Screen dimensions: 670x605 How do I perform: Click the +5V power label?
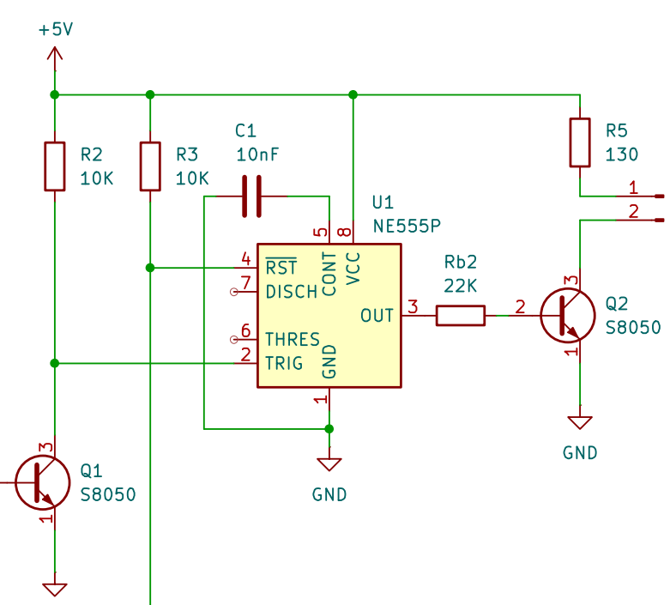(x=56, y=30)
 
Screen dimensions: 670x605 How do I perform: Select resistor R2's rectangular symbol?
(x=55, y=166)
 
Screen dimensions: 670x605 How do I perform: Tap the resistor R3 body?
(x=150, y=166)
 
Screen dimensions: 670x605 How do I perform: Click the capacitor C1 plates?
(x=251, y=197)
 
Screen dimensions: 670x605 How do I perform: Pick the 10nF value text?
(x=257, y=154)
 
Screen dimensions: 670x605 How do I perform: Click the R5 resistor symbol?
(x=580, y=142)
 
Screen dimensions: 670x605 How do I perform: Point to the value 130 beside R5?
(x=622, y=154)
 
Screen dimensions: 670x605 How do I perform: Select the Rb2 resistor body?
(x=460, y=316)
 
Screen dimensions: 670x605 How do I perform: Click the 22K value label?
(x=460, y=286)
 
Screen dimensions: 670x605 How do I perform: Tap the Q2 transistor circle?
(x=567, y=316)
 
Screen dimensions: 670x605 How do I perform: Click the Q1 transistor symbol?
(x=43, y=483)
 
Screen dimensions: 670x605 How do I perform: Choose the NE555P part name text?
(x=407, y=227)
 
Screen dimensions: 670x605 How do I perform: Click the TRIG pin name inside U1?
(x=284, y=363)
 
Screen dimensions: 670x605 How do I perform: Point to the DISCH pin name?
(x=292, y=292)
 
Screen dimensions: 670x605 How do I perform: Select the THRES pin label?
(x=293, y=340)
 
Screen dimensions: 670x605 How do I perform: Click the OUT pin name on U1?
(x=377, y=316)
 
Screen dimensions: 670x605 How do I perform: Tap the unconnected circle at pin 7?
(x=233, y=292)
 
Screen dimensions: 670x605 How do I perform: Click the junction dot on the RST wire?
(x=150, y=268)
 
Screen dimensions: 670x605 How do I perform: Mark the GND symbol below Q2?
(x=580, y=422)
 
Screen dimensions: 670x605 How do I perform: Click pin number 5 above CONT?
(x=321, y=233)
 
